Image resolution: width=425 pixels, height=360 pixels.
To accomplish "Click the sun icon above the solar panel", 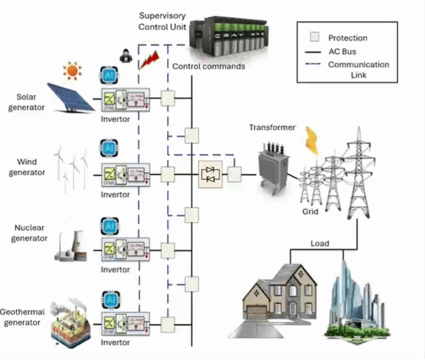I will point(73,71).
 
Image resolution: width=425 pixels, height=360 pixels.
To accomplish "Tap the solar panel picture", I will point(71,96).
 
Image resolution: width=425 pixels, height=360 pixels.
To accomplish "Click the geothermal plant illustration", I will point(70,323).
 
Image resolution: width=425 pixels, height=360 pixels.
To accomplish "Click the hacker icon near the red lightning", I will point(125,55).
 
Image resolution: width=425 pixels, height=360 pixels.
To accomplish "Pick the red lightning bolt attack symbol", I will point(149,59).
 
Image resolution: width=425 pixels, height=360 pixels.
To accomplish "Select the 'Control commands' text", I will point(209,66).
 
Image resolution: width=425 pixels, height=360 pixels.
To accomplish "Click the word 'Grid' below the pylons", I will point(310,212).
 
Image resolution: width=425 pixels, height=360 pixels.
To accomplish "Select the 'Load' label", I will point(320,244).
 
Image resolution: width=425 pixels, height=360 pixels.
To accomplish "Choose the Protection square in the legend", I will point(315,38).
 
